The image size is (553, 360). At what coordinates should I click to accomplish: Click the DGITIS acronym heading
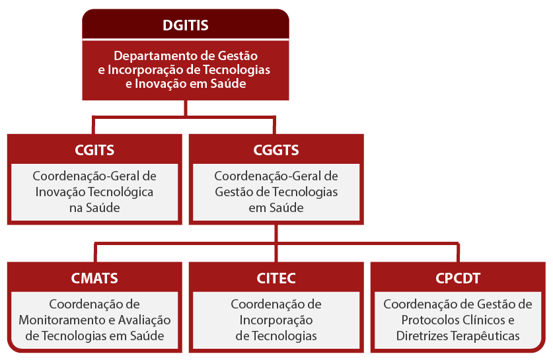coord(186,25)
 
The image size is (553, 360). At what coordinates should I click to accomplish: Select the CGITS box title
coord(94,150)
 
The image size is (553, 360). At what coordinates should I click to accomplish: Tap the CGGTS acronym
coord(276,150)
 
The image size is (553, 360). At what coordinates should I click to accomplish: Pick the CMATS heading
coord(94,278)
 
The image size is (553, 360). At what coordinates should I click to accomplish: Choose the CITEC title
coord(276,278)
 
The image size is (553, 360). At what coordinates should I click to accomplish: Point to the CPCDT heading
coord(458,278)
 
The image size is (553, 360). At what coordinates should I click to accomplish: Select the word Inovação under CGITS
coord(60,192)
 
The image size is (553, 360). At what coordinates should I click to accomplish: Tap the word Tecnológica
coord(121,192)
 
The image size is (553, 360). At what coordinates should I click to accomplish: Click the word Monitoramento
coord(62,320)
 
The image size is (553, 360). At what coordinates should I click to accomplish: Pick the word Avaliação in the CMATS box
coord(144,320)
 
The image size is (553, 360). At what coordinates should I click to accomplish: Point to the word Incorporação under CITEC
coord(276,320)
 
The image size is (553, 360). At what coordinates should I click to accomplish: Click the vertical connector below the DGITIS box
coord(186,108)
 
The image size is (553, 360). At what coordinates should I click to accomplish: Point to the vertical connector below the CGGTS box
coord(276,233)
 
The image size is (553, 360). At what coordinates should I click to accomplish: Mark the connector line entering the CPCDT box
coord(458,253)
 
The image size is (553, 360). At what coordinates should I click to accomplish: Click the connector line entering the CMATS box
coord(95,253)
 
